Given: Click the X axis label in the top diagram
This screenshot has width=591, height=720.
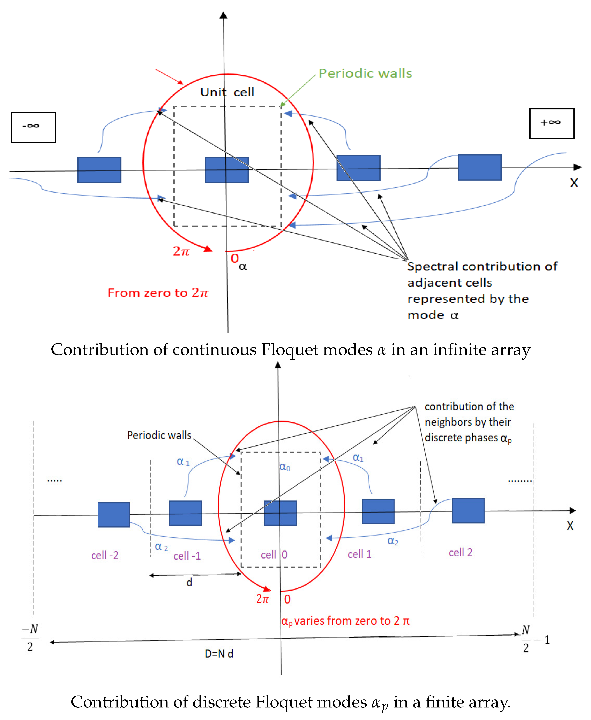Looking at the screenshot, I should click(574, 183).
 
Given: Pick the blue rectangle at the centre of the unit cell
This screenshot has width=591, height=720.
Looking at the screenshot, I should click(227, 170).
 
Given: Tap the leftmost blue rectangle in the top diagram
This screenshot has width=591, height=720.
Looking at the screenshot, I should click(99, 170).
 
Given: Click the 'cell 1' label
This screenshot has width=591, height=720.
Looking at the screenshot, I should click(359, 554).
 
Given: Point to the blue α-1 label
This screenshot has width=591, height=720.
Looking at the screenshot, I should click(183, 462).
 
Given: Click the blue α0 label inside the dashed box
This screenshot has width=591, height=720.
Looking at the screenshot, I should click(285, 467).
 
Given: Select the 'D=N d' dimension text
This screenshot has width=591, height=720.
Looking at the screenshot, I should click(219, 654).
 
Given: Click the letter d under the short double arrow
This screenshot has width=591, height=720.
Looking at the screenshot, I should click(189, 582).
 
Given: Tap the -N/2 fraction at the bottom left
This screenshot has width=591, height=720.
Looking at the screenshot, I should click(30, 638).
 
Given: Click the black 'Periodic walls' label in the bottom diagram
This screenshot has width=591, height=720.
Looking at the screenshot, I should click(159, 435).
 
